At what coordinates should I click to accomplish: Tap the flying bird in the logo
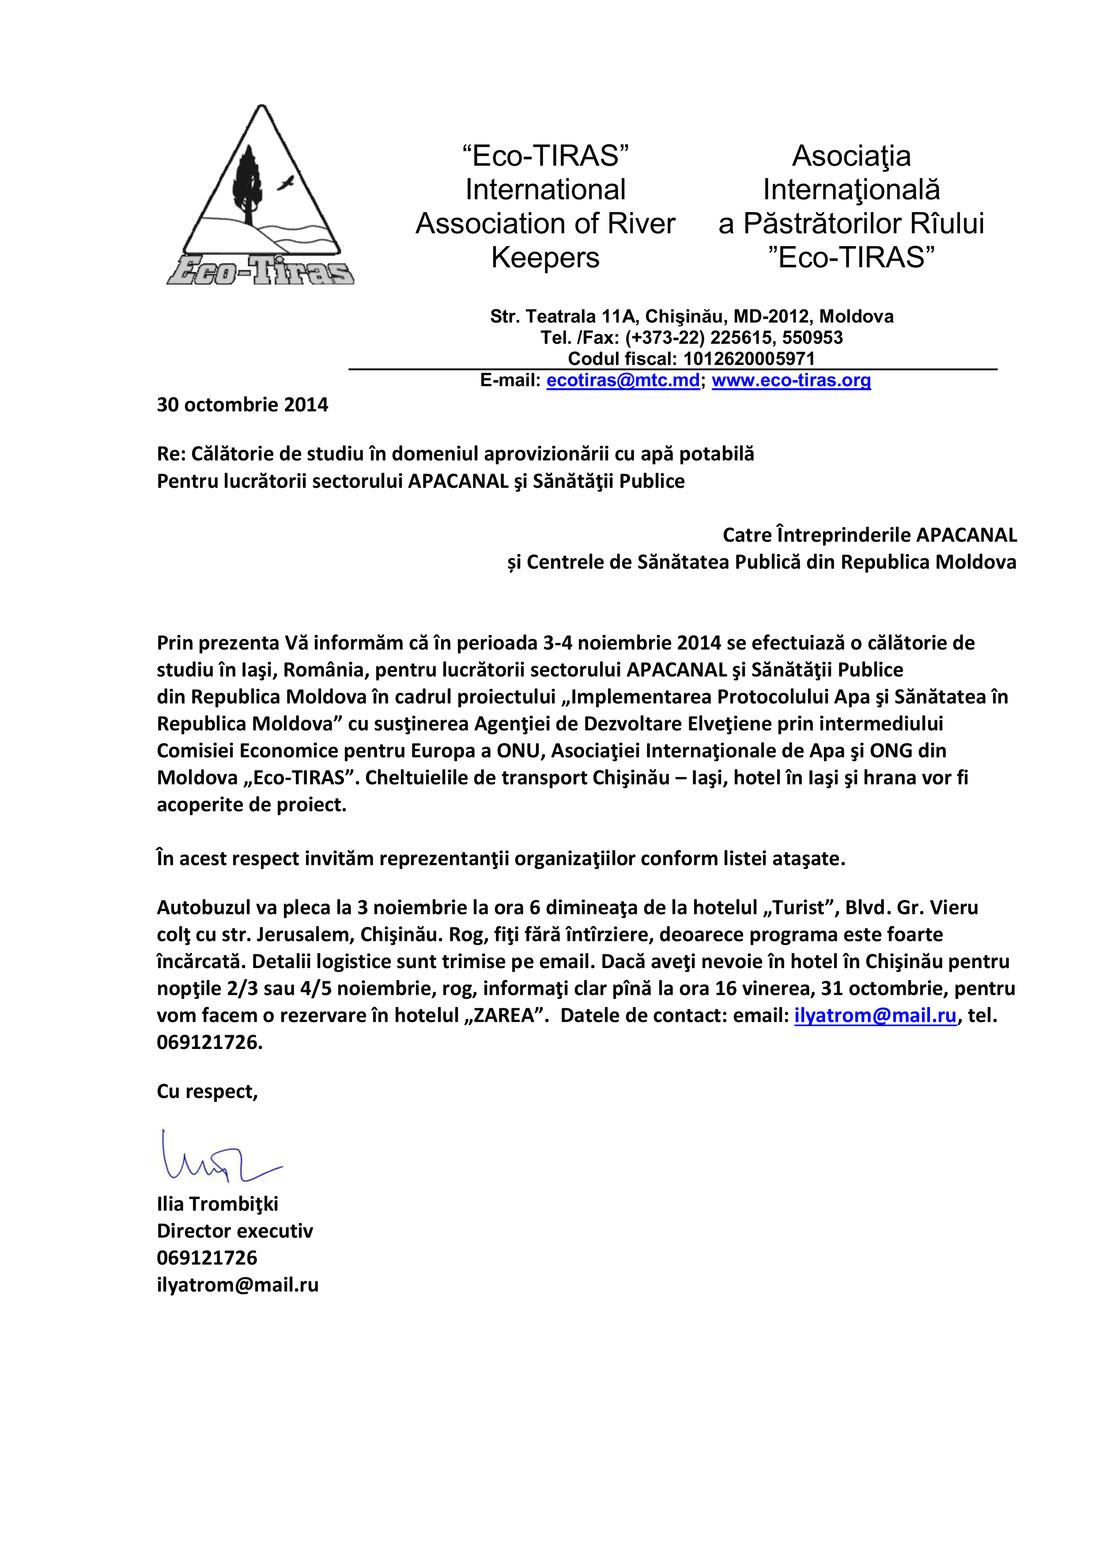point(287,182)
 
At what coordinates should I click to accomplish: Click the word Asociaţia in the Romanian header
point(851,156)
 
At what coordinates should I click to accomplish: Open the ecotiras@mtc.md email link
point(623,381)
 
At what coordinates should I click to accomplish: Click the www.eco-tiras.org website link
point(791,381)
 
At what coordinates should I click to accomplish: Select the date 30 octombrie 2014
point(242,405)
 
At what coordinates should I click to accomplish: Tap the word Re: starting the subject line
point(171,454)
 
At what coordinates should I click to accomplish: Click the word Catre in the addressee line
point(746,536)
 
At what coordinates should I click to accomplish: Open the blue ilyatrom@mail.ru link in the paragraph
point(875,1016)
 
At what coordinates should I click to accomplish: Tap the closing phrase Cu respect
point(207,1092)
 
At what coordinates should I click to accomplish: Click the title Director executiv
point(235,1231)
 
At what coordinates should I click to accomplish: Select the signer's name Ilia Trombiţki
point(217,1204)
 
